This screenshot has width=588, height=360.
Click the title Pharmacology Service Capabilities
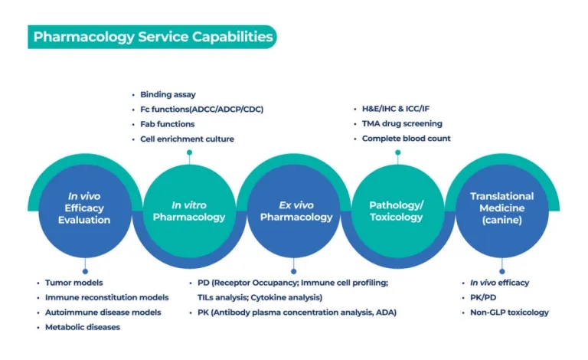[x=153, y=37]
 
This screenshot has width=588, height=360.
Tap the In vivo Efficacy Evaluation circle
[x=85, y=211]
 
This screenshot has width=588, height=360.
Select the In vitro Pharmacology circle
[x=189, y=211]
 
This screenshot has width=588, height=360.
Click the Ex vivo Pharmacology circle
[x=294, y=211]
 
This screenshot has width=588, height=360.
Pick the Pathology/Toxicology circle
[x=398, y=211]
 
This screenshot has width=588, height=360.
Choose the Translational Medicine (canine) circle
[x=502, y=211]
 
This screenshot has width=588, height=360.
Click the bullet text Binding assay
[x=168, y=94]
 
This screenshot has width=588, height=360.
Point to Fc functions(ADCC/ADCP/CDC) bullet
[x=202, y=109]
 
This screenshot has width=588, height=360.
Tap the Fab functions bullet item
[x=167, y=124]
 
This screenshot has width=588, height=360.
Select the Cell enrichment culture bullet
[x=187, y=139]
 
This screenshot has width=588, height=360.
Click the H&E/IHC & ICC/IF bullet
[x=396, y=109]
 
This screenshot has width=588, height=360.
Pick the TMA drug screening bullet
[x=402, y=124]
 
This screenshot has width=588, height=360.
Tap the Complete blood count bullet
[x=406, y=139]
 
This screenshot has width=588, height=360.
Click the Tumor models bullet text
[x=73, y=283]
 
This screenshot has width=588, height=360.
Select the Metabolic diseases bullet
[x=83, y=327]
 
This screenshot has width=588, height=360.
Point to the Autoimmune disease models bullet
[x=103, y=313]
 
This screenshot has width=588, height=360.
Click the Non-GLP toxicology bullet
[x=509, y=313]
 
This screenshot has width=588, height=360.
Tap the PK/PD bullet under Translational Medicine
[x=483, y=298]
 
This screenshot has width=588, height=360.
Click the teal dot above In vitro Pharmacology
[x=189, y=152]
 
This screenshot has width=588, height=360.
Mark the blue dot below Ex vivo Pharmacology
[x=294, y=271]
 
